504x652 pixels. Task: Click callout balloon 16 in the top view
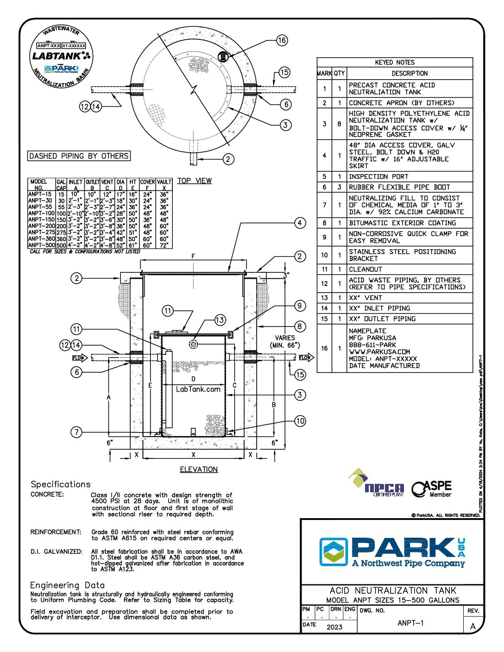282,40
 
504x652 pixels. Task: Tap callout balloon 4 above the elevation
300,223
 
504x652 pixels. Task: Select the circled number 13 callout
220,320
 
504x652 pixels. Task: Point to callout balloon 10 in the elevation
300,421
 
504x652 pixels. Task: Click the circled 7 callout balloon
76,432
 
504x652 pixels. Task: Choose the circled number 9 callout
300,306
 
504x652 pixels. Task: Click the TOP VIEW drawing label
194,181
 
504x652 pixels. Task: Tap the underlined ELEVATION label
199,470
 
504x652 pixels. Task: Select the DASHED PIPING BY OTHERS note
79,156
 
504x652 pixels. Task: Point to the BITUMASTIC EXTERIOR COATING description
402,223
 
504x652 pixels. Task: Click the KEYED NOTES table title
395,62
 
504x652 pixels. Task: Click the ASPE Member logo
432,489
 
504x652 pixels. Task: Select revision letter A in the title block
473,626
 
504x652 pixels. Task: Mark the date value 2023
334,627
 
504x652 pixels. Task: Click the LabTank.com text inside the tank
198,389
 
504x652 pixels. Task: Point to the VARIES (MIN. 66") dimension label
285,341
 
